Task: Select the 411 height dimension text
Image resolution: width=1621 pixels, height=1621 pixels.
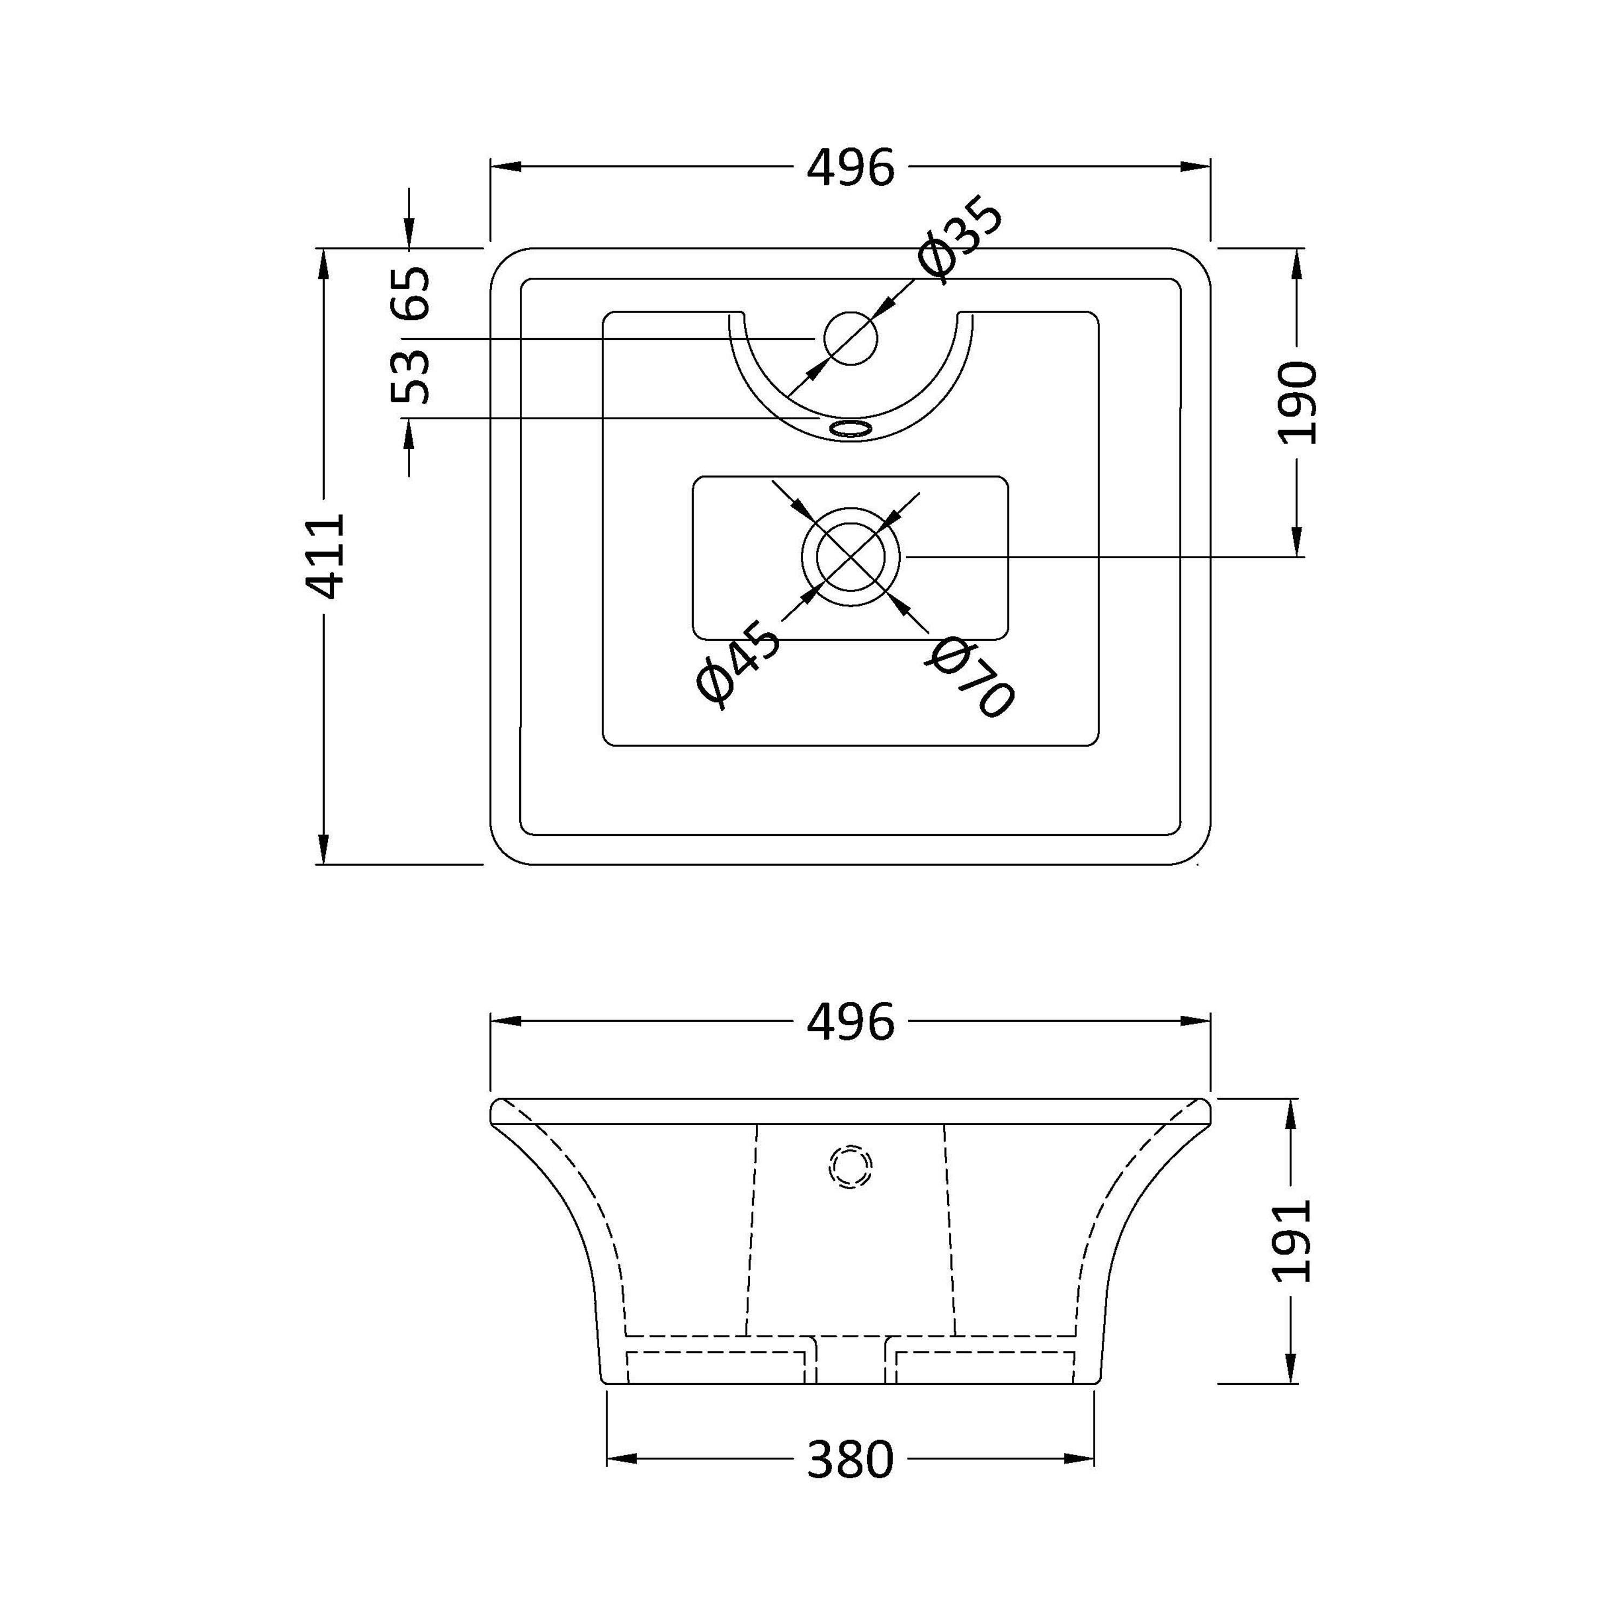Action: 325,557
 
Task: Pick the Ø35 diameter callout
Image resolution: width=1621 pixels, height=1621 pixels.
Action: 959,237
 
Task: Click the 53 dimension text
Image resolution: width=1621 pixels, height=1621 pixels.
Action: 411,378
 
